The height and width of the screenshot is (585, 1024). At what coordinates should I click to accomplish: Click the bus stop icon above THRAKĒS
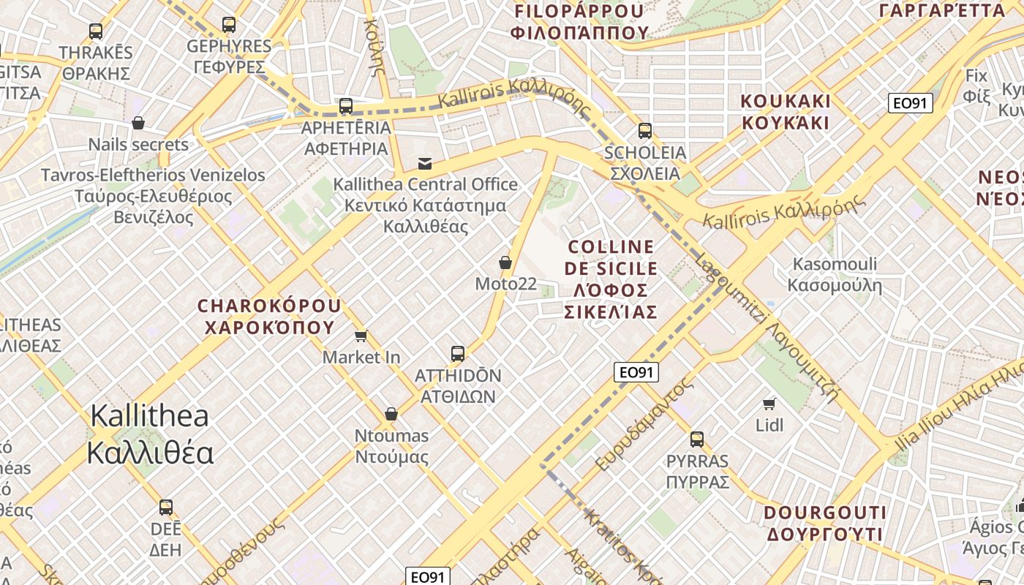[x=96, y=31]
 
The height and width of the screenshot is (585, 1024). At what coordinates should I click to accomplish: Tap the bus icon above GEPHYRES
[x=229, y=25]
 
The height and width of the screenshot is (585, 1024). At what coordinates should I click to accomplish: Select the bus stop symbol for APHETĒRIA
[x=346, y=106]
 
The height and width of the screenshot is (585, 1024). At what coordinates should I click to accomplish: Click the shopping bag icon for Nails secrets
[x=138, y=123]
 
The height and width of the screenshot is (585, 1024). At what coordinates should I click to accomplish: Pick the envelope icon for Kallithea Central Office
[x=425, y=163]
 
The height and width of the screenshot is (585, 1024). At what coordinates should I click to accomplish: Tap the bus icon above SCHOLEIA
[x=644, y=131]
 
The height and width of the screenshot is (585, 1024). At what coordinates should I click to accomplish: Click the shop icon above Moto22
[x=505, y=263]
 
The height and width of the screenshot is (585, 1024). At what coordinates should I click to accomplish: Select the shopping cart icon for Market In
[x=361, y=336]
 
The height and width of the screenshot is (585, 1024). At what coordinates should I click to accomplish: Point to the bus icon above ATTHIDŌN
[x=458, y=354]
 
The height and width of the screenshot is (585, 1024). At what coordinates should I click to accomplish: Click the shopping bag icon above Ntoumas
[x=391, y=415]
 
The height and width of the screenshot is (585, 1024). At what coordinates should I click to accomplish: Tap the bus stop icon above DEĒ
[x=166, y=507]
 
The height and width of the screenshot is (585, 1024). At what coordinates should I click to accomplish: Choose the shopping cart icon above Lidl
[x=769, y=404]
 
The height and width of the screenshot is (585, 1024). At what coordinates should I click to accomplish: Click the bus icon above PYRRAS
[x=697, y=439]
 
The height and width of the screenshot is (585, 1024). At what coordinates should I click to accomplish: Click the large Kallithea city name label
[x=150, y=434]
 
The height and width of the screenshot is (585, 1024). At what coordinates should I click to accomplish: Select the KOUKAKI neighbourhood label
[x=786, y=111]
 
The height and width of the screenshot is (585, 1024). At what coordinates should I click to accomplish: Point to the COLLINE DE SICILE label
[x=610, y=279]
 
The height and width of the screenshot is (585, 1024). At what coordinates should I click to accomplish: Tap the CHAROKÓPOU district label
[x=269, y=316]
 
